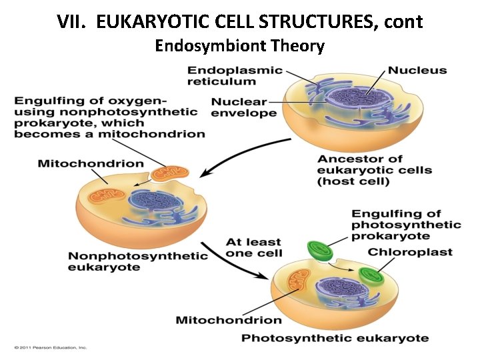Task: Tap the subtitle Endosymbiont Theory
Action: tap(239, 46)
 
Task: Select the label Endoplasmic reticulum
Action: tap(234, 75)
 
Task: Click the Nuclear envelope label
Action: tap(244, 107)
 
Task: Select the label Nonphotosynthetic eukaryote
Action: tap(138, 261)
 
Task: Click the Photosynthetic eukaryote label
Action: tap(335, 338)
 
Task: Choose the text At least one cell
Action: tap(253, 247)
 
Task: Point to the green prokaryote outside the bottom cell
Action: tap(320, 251)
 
